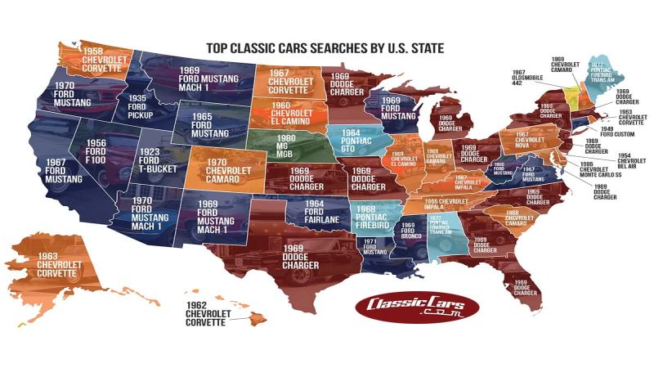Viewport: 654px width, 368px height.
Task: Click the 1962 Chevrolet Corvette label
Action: pyautogui.click(x=208, y=313)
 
